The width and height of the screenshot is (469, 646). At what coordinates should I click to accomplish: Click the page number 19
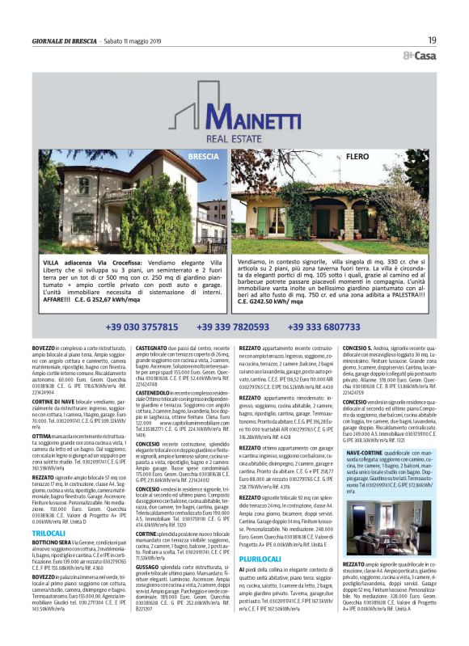click(433, 40)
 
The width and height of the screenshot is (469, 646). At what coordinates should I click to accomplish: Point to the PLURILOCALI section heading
click(260, 514)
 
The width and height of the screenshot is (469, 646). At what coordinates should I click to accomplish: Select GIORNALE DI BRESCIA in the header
click(65, 40)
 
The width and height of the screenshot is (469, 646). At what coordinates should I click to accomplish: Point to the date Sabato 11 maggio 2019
click(139, 40)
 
